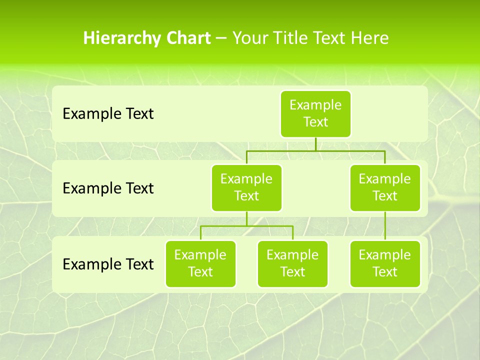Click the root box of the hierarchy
[315, 114]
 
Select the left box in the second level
[246, 188]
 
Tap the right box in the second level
[385, 188]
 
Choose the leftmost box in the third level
[200, 264]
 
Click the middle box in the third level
[292, 264]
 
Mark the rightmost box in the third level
[385, 264]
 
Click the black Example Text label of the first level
[108, 114]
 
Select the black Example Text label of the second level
[108, 188]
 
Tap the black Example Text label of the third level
[108, 264]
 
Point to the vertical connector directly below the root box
[315, 144]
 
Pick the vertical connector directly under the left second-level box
[246, 218]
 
